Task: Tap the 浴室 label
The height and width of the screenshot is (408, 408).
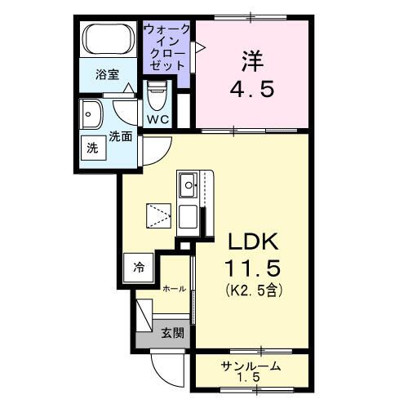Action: (x=107, y=74)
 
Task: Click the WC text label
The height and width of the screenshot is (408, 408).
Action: (x=157, y=119)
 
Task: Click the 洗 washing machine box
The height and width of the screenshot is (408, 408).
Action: (x=92, y=149)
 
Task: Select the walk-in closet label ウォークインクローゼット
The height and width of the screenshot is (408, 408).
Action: (x=167, y=46)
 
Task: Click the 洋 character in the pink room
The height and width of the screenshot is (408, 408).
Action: (x=251, y=59)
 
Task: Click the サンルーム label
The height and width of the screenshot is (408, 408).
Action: (x=251, y=366)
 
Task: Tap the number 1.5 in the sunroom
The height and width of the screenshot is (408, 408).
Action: (x=251, y=379)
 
